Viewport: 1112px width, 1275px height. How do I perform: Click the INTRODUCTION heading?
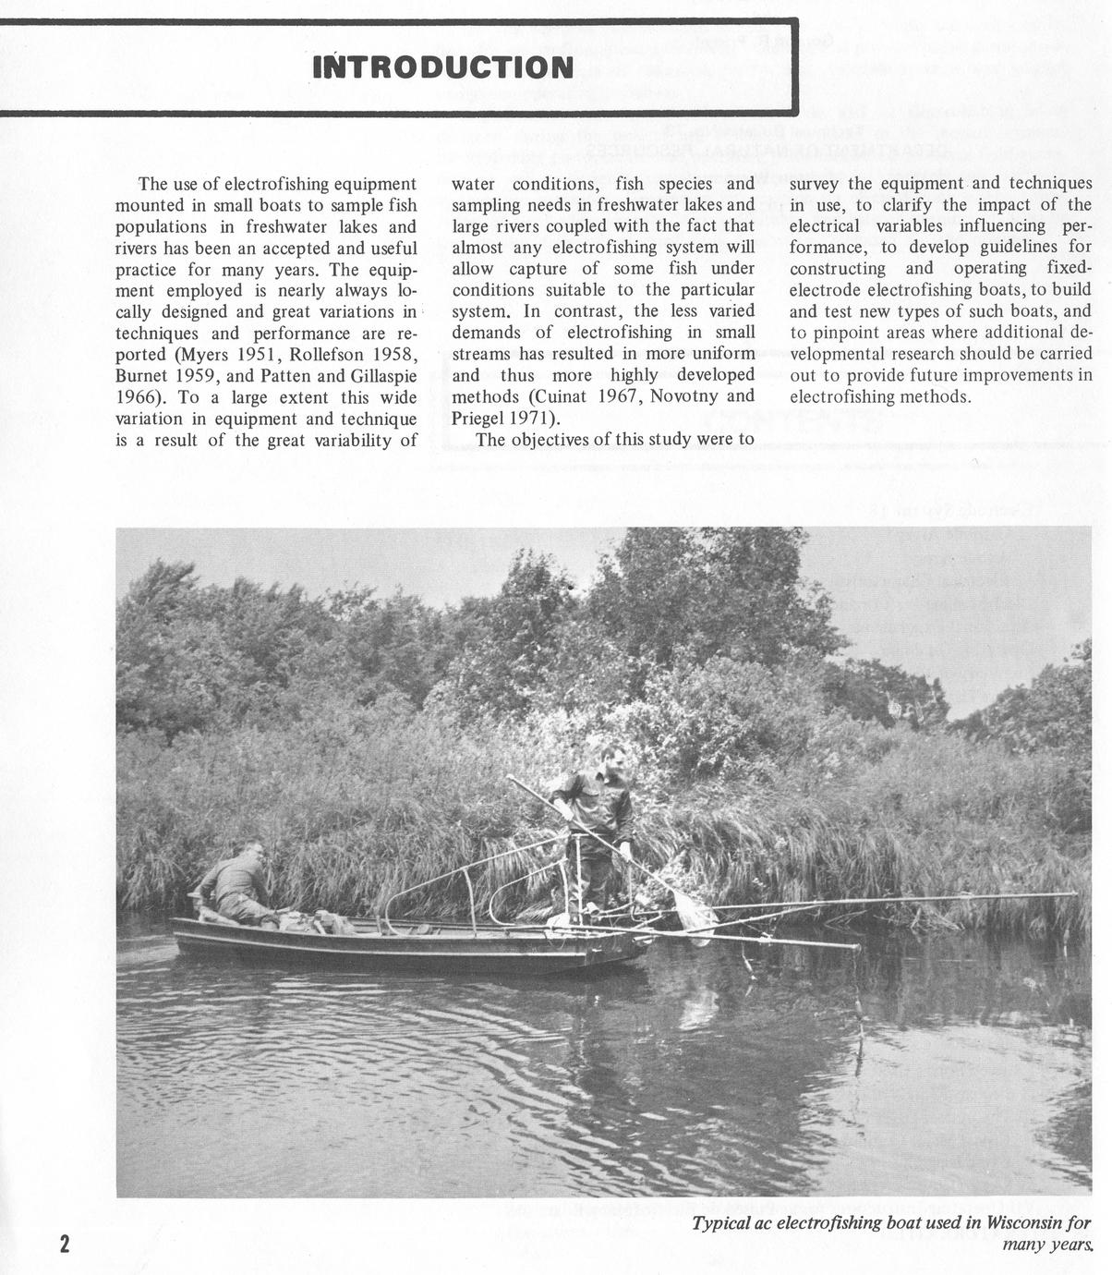pyautogui.click(x=442, y=67)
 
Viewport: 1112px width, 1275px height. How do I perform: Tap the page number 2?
pyautogui.click(x=64, y=1243)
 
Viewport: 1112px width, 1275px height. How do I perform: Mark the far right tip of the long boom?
pyautogui.click(x=1075, y=894)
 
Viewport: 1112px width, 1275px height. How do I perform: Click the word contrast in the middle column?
pyautogui.click(x=586, y=311)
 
